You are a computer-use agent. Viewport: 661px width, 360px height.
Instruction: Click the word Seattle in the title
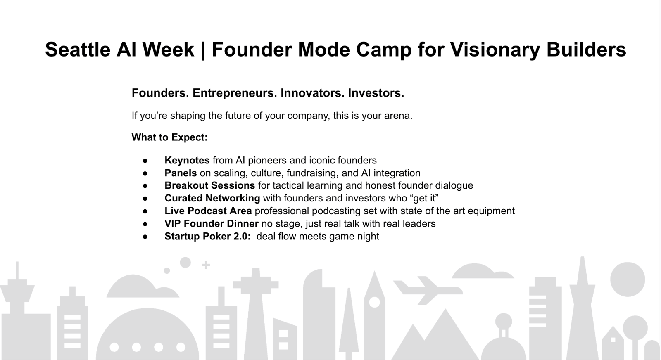(x=78, y=49)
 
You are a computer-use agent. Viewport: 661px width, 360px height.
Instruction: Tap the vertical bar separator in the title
(x=203, y=50)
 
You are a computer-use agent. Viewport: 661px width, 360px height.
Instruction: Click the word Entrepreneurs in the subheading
(x=235, y=93)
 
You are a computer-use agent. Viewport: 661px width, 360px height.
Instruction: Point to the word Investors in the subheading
(x=376, y=93)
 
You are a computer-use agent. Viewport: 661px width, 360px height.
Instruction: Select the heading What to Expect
(x=170, y=137)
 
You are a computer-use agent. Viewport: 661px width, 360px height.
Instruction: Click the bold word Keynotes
(x=187, y=160)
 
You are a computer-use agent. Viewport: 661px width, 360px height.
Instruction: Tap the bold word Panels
(x=181, y=173)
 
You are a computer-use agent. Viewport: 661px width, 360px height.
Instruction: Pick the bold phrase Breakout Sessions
(x=210, y=185)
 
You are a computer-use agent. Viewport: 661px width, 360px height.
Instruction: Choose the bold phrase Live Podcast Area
(x=208, y=211)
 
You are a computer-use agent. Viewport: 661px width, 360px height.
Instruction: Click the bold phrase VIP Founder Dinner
(x=212, y=223)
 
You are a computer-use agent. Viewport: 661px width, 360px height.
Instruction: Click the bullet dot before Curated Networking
(x=145, y=199)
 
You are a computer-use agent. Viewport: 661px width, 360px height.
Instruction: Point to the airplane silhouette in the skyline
(x=428, y=290)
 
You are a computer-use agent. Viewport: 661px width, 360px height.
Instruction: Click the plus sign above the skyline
(x=206, y=265)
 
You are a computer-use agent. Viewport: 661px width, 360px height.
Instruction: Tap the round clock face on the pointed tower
(x=374, y=303)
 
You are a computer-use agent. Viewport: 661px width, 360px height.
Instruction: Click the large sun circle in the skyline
(x=628, y=279)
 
